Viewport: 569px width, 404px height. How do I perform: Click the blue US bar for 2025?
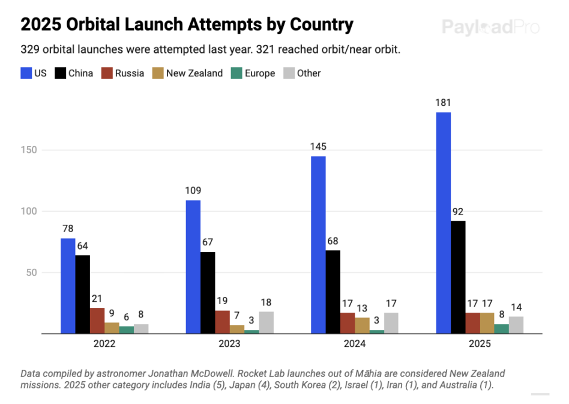point(444,222)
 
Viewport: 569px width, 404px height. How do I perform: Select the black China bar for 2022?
point(83,294)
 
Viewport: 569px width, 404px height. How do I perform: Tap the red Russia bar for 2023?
point(222,322)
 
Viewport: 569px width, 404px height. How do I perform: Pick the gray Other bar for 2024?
point(391,323)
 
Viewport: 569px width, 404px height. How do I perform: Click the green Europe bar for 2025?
point(501,328)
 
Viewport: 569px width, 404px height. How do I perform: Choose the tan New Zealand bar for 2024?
point(362,325)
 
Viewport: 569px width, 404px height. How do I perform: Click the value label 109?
point(193,191)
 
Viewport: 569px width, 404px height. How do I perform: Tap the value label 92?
point(458,211)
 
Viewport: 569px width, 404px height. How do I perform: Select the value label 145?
point(319,146)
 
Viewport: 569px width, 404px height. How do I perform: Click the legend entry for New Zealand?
point(194,73)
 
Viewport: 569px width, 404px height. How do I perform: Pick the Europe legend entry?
point(259,73)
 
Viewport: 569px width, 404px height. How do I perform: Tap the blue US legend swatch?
point(26,73)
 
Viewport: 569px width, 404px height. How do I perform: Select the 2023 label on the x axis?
point(229,344)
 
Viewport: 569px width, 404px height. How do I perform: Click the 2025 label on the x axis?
point(480,344)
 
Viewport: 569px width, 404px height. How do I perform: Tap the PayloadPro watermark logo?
point(490,27)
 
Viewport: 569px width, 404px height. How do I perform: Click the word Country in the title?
point(322,25)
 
